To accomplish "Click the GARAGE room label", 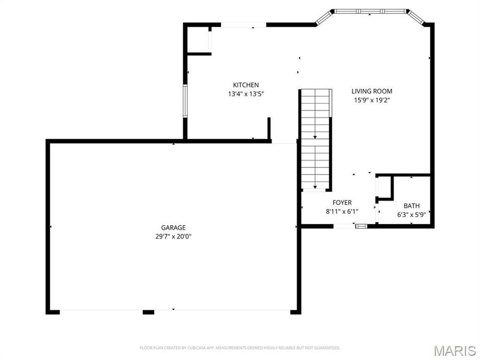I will pos(173,228).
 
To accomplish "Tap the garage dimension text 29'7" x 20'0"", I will pos(173,236).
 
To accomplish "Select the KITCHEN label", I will pos(246,85).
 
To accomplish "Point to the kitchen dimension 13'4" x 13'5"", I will pos(246,94).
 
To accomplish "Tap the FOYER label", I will pos(342,203).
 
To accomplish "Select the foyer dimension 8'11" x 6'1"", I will pos(342,211).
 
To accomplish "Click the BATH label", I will pos(411,206).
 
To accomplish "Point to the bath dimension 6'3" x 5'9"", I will pos(411,215).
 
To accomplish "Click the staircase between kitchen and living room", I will pos(315,139).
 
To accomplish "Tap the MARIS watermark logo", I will pos(454,350).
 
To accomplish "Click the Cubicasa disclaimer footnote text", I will pos(239,348).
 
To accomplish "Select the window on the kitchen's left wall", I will pos(185,100).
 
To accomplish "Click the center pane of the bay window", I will pos(370,11).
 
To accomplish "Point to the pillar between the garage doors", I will pos(148,311).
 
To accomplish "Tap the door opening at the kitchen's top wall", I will pos(243,24).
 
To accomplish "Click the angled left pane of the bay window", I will pos(324,18).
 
